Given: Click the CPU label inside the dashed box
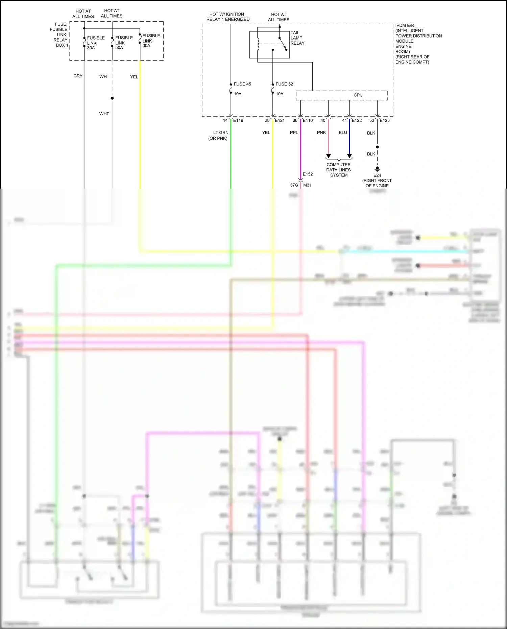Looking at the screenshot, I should point(358,95).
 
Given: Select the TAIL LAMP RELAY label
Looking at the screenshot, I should point(297,38).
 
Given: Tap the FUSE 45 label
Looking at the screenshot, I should point(242,84).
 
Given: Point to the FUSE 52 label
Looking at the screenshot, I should point(284,84).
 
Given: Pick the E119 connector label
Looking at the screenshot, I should point(238,120).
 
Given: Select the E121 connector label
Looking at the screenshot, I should point(280,120).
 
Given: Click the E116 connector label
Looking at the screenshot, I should point(308,120).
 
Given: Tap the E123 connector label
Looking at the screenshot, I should point(385,120).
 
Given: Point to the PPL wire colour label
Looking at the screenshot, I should point(294,133).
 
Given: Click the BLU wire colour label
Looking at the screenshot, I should point(343,133).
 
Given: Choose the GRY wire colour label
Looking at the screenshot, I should point(78,76).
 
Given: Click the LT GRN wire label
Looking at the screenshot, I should point(221,133).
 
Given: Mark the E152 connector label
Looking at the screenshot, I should point(308,174).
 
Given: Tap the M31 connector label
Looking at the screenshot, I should point(307,185).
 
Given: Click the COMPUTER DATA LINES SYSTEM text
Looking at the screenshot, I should point(339,170).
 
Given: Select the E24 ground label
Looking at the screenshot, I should point(377,175).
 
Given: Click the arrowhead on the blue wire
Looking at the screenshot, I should point(349,156).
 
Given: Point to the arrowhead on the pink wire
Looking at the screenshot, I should point(328,156).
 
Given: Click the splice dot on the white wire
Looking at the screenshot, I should point(112,98).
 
